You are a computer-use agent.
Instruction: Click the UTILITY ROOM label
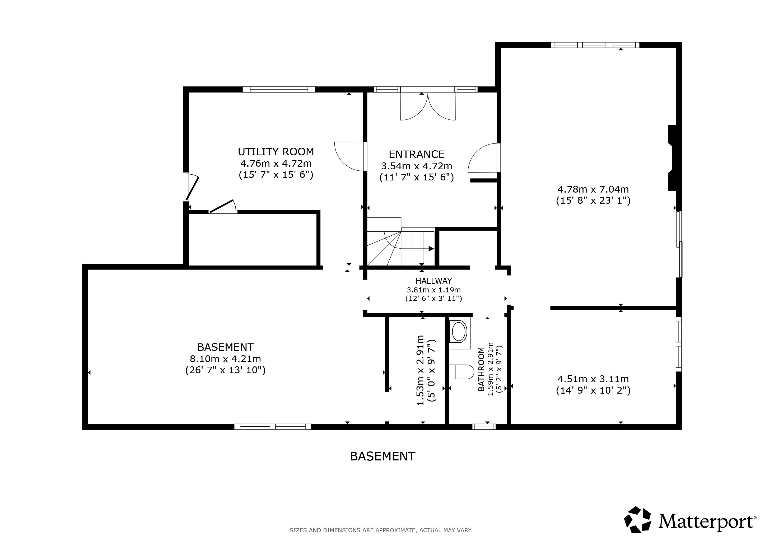click(x=276, y=152)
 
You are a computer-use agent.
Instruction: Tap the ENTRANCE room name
click(x=417, y=155)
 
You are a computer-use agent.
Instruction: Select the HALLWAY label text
click(x=433, y=281)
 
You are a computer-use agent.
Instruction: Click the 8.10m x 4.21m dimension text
click(x=225, y=359)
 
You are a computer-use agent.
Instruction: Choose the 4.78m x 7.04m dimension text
click(x=593, y=189)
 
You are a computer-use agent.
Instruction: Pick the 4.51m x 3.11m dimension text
click(x=593, y=379)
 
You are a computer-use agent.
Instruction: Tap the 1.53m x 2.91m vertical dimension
click(x=421, y=370)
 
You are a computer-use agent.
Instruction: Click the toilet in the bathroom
click(x=461, y=372)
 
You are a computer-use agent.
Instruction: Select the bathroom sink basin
click(x=459, y=332)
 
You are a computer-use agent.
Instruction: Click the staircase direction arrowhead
click(x=431, y=249)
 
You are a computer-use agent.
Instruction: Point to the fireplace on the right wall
click(x=672, y=158)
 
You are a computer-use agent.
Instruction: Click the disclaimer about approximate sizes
click(x=381, y=530)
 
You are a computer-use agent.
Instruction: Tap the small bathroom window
click(x=484, y=426)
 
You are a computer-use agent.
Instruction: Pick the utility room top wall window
click(x=278, y=89)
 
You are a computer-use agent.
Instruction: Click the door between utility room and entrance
click(x=351, y=156)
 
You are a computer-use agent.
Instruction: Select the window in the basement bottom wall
click(x=273, y=426)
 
